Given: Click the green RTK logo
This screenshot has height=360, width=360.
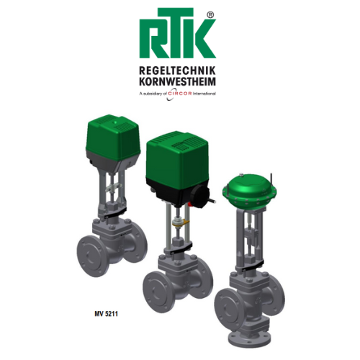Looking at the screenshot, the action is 178,33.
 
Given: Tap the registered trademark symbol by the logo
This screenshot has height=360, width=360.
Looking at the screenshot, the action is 210,15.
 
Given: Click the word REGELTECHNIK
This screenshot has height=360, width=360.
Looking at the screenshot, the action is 178,71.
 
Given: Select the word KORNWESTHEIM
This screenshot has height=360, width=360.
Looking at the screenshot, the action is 178,81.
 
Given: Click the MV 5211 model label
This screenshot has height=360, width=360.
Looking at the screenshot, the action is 107,314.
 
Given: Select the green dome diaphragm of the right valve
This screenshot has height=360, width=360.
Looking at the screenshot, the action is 250,189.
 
